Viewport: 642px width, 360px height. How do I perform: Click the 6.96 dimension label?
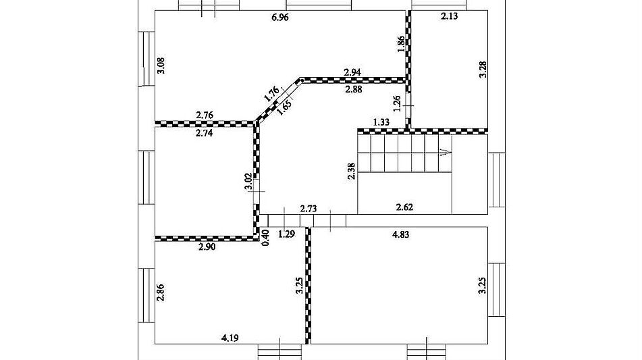coord(280,17)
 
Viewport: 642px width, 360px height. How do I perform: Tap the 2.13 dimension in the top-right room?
coord(449,16)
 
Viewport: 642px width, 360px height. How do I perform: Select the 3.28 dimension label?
coord(483,70)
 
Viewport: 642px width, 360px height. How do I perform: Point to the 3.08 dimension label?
coord(161,65)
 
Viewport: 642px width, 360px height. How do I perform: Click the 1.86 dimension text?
coord(401,44)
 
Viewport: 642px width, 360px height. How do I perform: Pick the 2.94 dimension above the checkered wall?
coord(352,72)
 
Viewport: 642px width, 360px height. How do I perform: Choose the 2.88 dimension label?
coord(353,89)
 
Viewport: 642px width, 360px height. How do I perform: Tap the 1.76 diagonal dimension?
coord(271,93)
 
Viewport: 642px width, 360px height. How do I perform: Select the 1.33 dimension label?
coord(381,122)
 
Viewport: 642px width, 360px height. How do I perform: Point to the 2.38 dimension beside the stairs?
coord(351,171)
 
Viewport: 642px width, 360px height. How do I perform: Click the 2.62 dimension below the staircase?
coord(404,207)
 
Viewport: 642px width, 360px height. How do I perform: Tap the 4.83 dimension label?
coord(400,235)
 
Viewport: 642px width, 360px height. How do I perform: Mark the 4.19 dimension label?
coord(230,338)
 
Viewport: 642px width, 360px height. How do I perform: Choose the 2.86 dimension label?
coord(161,292)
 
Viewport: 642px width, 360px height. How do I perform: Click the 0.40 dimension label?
coord(265,238)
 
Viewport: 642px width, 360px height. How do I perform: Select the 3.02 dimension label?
coord(248,182)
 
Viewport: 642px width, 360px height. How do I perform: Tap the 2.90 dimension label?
coord(207,247)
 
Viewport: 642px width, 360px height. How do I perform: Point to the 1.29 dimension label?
coord(287,235)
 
